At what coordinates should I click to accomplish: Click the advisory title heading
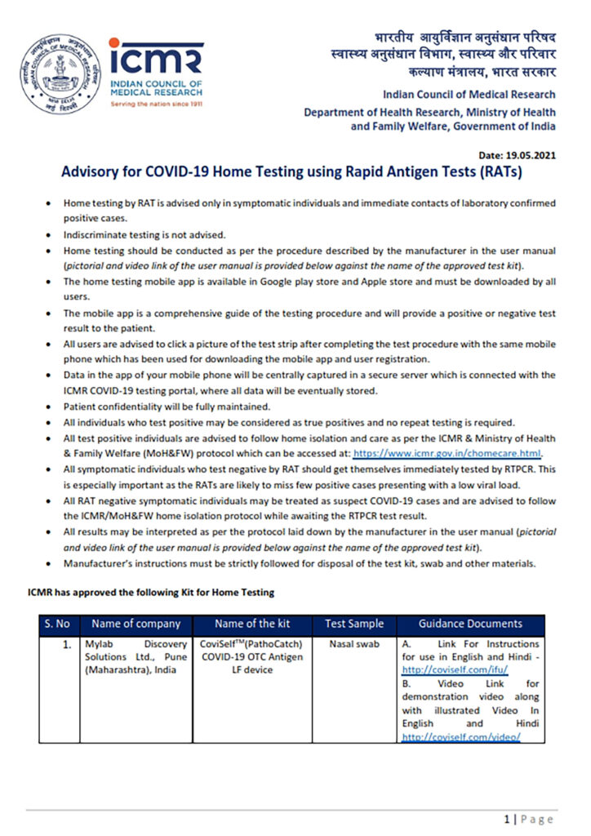(x=291, y=173)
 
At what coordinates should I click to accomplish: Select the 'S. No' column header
(x=57, y=624)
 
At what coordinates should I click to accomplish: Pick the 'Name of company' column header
(x=136, y=624)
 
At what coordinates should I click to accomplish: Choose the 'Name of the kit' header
(x=251, y=624)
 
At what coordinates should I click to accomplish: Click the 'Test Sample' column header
(x=353, y=624)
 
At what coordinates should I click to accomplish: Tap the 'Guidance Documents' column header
(x=470, y=624)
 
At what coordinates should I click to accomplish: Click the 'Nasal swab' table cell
(x=353, y=643)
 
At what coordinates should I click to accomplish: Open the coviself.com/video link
(x=460, y=736)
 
